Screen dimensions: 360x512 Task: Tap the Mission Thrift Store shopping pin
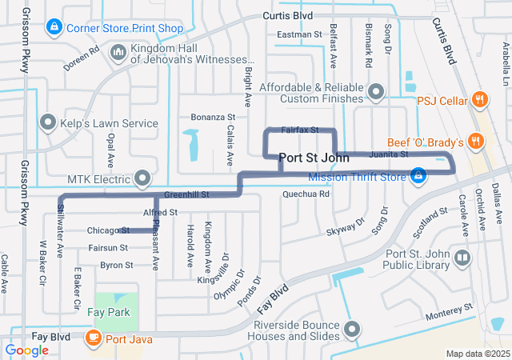418,174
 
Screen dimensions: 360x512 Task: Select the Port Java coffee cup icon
94,338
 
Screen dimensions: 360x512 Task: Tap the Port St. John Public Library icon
462,258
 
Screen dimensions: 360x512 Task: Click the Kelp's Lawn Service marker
48,123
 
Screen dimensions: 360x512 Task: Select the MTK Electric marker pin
143,176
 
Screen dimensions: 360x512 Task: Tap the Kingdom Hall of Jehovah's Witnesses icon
118,53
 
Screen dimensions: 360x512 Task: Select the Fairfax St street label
300,129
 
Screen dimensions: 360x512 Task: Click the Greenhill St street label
186,194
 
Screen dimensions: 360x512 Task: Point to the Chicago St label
108,230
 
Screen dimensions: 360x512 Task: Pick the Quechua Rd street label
306,194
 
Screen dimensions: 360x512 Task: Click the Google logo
27,350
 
